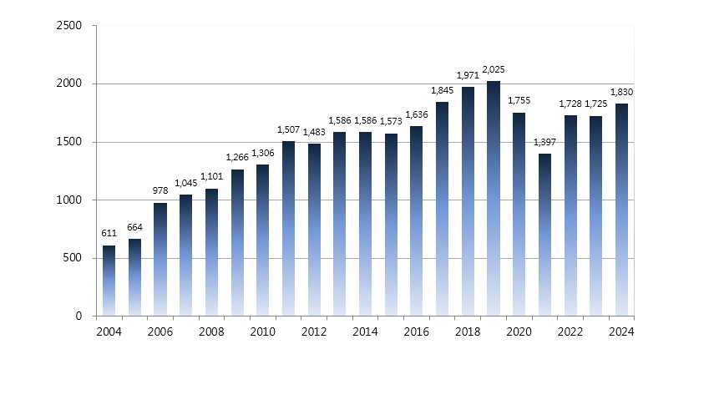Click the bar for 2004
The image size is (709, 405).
click(109, 281)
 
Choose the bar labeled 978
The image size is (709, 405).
click(160, 260)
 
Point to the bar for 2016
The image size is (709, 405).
click(417, 221)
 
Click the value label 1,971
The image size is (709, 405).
click(468, 76)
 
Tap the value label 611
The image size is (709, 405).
click(109, 234)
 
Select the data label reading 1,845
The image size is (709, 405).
click(443, 90)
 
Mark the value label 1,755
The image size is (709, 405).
click(519, 101)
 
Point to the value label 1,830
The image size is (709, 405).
click(621, 92)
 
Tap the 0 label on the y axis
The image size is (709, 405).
click(78, 316)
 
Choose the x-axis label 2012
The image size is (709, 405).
click(314, 332)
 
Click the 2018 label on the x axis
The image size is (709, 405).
click(468, 332)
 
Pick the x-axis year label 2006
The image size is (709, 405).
click(160, 332)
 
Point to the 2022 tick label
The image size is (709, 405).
click(570, 332)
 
